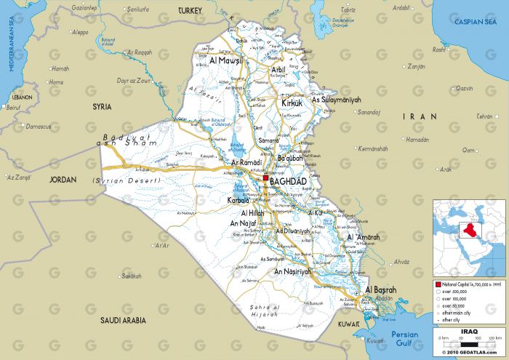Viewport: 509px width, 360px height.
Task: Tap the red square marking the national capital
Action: click(x=266, y=177)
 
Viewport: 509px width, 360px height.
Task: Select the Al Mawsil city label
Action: click(x=225, y=62)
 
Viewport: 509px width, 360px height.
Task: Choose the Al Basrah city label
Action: click(x=379, y=289)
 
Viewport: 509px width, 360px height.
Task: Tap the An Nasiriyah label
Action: click(x=292, y=271)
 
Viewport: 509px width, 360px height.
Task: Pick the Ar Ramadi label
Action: click(x=247, y=163)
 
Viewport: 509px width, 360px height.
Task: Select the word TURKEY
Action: click(x=191, y=11)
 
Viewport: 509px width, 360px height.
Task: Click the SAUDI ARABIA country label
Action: click(x=124, y=319)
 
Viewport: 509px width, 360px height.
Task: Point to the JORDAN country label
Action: click(x=63, y=179)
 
